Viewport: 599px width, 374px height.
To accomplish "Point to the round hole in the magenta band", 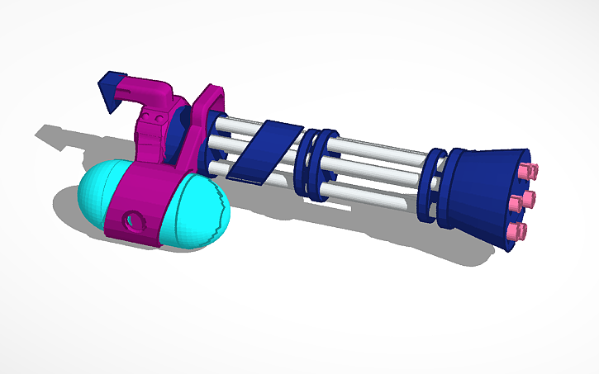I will point(131,221).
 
